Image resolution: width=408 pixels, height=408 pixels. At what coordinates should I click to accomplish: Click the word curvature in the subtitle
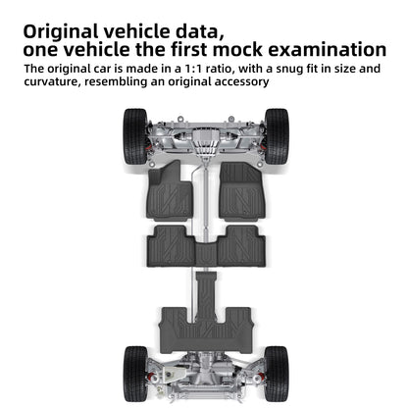52,81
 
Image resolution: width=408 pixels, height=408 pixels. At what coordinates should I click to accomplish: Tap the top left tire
135,136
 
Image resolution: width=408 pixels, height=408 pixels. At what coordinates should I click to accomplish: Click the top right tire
277,136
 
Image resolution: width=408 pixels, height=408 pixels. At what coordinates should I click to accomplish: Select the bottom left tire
135,374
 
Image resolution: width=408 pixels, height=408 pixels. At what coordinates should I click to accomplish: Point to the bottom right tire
277,374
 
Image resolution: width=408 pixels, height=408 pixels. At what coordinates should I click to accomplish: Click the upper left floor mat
170,191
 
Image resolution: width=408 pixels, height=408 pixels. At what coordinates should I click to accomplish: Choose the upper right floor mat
242,191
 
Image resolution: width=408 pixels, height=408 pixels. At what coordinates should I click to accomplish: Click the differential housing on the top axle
205,140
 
